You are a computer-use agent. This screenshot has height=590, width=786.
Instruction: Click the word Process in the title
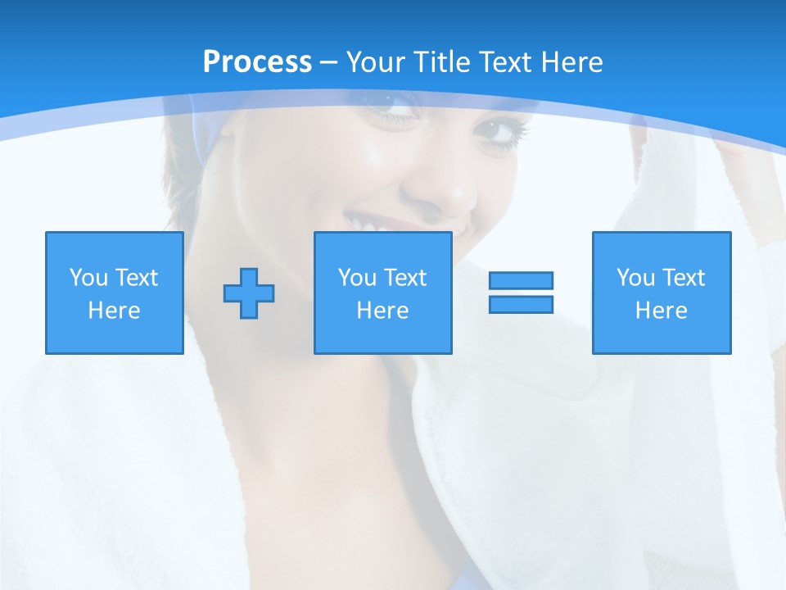coord(257,62)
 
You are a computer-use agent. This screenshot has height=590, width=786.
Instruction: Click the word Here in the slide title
coord(570,62)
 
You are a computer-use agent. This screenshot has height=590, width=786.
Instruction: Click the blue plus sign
coord(249,293)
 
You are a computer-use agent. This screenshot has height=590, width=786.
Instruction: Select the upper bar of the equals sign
coord(521,280)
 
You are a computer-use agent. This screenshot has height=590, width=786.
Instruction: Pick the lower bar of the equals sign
coord(521,304)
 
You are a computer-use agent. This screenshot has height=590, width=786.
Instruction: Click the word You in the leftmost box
coord(88,278)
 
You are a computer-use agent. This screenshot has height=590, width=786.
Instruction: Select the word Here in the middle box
coord(383,311)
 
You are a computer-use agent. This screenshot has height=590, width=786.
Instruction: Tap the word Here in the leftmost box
coord(115,311)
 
